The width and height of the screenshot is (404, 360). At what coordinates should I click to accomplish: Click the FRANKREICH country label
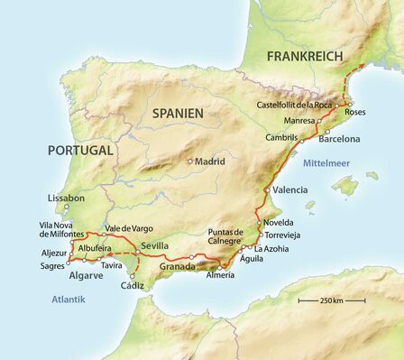pos(306,56)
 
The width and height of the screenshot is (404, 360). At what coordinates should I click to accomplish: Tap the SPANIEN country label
pos(178,113)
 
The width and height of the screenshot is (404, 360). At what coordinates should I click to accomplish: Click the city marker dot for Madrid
pos(190,162)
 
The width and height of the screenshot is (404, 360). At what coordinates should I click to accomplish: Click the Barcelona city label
pos(338,139)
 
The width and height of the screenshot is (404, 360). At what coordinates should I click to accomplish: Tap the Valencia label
pos(289,190)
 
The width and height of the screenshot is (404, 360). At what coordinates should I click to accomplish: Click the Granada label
pos(178,267)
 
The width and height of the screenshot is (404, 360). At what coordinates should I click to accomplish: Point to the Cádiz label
pos(132,285)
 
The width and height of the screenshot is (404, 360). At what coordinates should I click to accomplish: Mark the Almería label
pos(221,274)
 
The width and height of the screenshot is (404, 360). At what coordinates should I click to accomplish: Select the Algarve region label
pos(87,274)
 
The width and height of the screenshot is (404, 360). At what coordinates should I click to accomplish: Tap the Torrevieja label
pos(280,235)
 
